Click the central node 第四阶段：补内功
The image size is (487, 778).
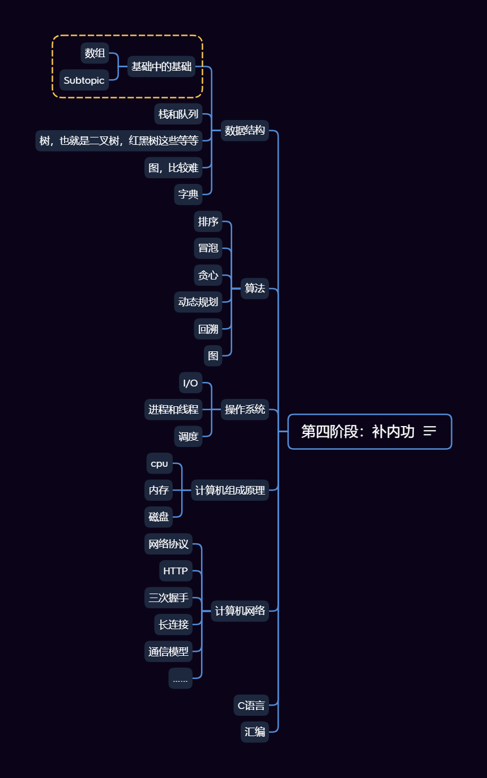pos(357,432)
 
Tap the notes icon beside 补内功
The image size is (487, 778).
pos(430,431)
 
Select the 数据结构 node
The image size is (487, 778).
pos(245,131)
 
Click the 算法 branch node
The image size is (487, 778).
pos(254,289)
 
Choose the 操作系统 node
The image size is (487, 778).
pos(245,410)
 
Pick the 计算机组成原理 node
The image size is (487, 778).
pos(230,491)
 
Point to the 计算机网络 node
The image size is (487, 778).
pos(240,611)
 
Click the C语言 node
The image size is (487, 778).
pos(251,706)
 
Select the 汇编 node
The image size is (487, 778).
pos(254,732)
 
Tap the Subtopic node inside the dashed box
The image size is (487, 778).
pos(84,80)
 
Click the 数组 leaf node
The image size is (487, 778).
pos(95,54)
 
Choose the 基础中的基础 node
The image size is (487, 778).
pos(161,67)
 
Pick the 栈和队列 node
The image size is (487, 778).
pos(178,114)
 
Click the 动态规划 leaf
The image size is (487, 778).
pos(198,302)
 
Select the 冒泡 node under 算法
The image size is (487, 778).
pos(208,248)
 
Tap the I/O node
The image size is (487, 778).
pos(190,383)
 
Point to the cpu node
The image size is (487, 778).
pos(159,464)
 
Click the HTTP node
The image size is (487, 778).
pos(176,571)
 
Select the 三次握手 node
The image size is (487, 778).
pos(168,598)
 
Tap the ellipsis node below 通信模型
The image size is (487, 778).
pos(180,678)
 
